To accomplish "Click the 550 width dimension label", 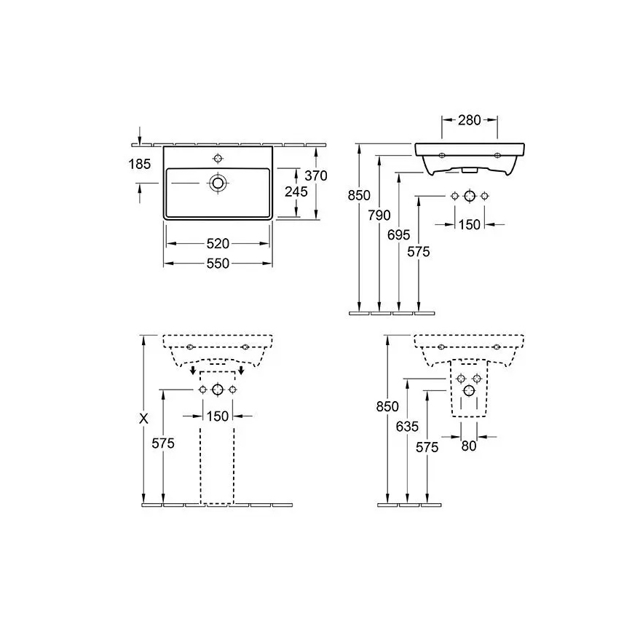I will (218, 264).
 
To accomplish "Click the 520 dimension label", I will (218, 242).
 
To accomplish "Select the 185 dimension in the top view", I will (139, 165).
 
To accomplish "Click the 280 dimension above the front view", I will (470, 120).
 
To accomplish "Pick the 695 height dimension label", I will (400, 234).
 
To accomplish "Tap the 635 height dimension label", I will (408, 427).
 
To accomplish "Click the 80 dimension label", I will (468, 446).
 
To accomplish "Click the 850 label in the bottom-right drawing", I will (387, 408).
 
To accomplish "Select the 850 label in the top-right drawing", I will (360, 195).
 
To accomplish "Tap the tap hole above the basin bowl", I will (218, 159).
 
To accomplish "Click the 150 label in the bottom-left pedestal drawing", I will (218, 416).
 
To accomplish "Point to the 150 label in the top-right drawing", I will (470, 224).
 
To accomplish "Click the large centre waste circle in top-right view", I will (470, 196).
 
